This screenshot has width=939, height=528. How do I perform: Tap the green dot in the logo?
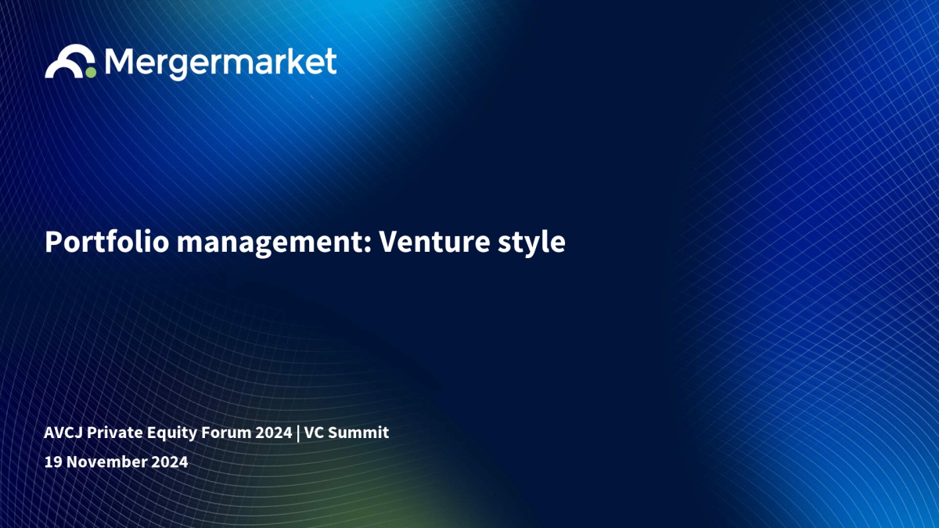(91, 73)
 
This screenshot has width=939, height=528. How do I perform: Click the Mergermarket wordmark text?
(221, 63)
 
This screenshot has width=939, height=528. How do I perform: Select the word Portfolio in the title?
(107, 242)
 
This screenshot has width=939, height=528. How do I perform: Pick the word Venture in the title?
(434, 242)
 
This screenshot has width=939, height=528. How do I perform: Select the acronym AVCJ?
(63, 433)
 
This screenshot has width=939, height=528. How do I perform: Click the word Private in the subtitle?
(115, 433)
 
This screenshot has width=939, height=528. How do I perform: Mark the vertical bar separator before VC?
(298, 433)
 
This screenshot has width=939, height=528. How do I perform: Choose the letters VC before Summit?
(314, 433)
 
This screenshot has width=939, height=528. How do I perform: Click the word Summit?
(358, 433)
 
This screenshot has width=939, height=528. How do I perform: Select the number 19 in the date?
(53, 462)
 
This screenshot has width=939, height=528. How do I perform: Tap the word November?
(106, 462)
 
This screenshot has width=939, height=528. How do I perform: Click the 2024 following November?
(169, 462)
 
